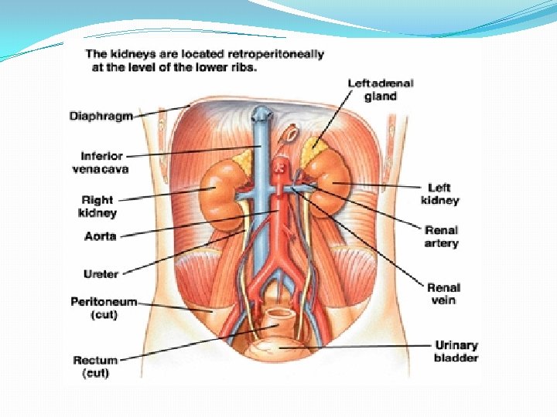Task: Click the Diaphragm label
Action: pos(101,116)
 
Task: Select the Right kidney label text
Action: pos(97,206)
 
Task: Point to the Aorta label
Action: pos(101,236)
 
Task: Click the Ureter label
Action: pos(101,274)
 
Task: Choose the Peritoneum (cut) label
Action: pos(104,308)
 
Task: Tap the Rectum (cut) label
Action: pos(96,366)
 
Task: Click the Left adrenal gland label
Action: pos(381,90)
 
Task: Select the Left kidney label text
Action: pos(439,194)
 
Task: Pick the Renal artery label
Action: pos(441,236)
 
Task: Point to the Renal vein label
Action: pos(443,293)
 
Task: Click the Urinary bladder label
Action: pos(456,351)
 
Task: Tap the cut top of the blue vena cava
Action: pos(261,114)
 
